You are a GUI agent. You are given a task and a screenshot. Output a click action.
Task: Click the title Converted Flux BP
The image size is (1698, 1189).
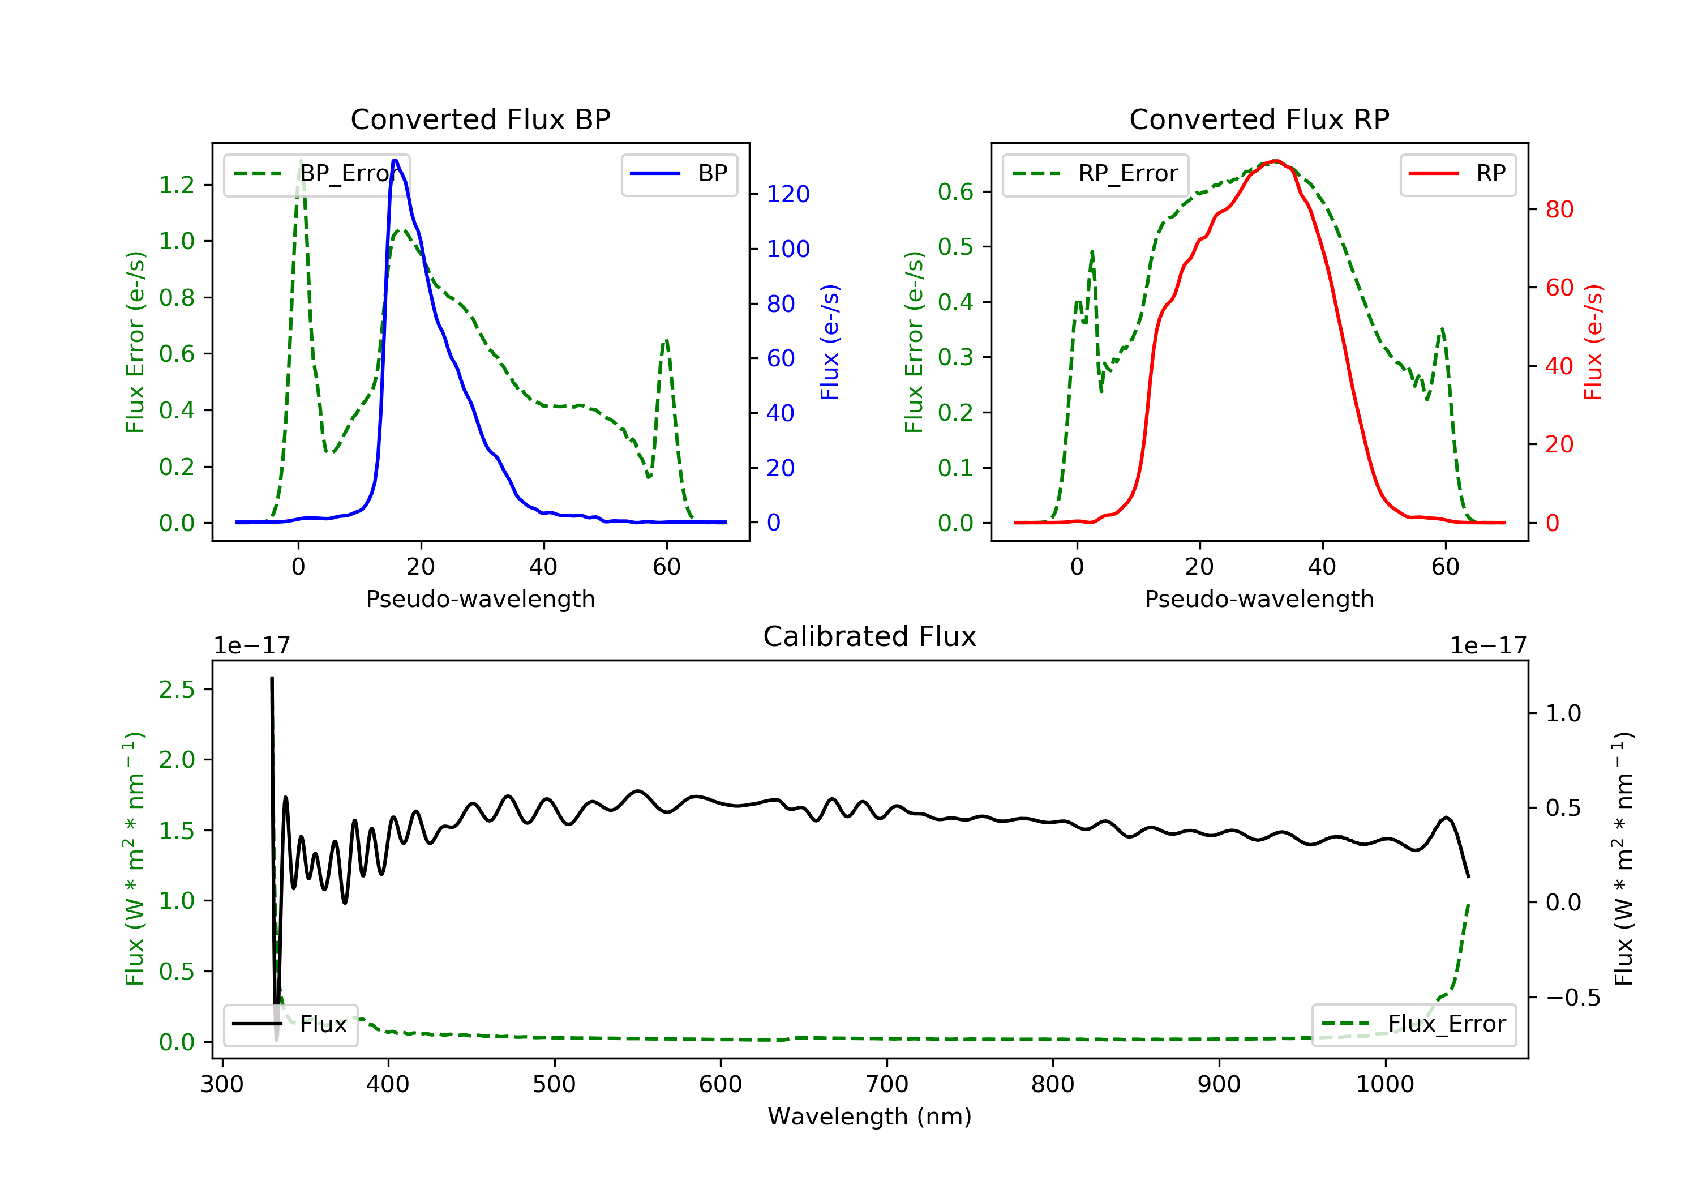(480, 119)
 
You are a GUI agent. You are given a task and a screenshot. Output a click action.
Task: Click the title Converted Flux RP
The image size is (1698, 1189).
(1259, 119)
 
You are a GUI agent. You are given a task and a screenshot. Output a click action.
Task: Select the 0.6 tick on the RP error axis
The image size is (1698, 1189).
(955, 191)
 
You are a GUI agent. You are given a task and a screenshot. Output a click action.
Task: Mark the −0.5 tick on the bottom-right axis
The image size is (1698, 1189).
(1563, 998)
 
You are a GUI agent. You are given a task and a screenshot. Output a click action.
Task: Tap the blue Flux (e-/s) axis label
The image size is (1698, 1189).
(830, 342)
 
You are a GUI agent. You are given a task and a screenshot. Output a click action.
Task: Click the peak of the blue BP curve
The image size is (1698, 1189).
(395, 161)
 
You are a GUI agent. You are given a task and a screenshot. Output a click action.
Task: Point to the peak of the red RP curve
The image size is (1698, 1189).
(1276, 161)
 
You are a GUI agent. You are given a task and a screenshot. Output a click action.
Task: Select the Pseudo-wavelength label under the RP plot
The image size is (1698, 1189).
(1259, 598)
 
